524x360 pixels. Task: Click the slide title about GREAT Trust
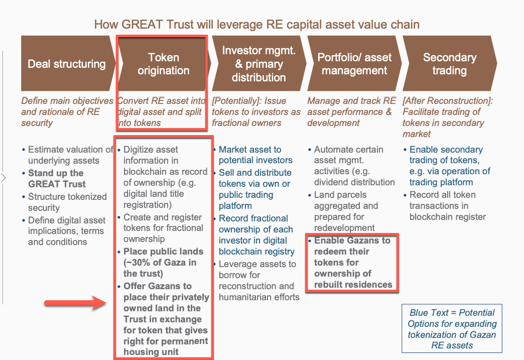[x=256, y=25]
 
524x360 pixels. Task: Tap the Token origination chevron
[x=163, y=63]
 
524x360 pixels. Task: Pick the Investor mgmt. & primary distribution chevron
[x=258, y=63]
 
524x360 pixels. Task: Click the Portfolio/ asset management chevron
[x=354, y=63]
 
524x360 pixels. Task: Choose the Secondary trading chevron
[x=450, y=63]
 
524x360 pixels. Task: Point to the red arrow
[x=75, y=303]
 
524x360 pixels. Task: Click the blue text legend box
[x=452, y=328]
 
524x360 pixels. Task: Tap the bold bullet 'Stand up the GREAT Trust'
[x=57, y=179]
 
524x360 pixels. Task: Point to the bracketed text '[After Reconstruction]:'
[x=448, y=100]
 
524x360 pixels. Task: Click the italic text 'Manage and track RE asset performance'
[x=351, y=111]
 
